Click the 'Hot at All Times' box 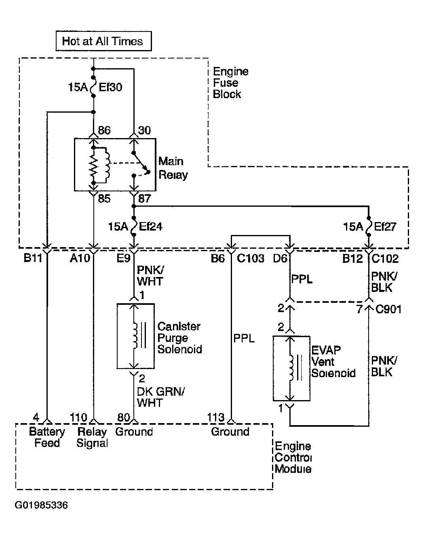[x=103, y=41]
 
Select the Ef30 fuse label [x=110, y=87]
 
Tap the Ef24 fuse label [x=150, y=227]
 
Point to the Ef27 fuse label [x=385, y=227]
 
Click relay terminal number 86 [x=104, y=130]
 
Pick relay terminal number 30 [x=144, y=130]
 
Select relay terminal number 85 [x=104, y=198]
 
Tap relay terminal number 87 [x=144, y=198]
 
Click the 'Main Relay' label [x=173, y=168]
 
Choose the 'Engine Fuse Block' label [x=231, y=83]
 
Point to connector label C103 [x=251, y=258]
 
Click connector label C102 [x=385, y=258]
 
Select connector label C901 [x=388, y=309]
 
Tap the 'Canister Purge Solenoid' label [x=180, y=338]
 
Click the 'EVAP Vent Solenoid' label [x=333, y=362]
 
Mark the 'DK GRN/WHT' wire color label [x=160, y=397]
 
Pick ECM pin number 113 [x=216, y=417]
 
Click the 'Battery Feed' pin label [x=47, y=437]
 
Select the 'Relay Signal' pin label [x=92, y=437]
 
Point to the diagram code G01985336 [x=41, y=505]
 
